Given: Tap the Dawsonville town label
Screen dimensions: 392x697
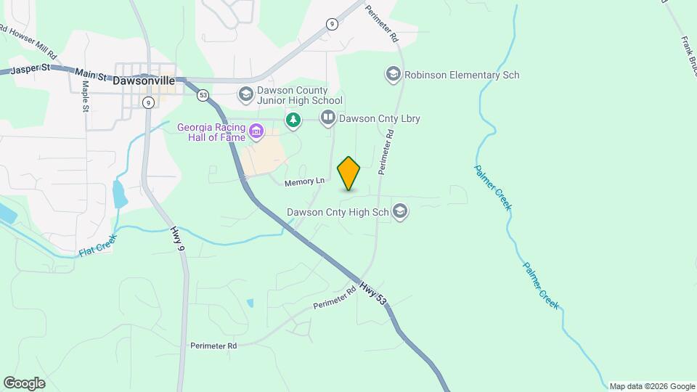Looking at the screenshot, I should pos(144,81).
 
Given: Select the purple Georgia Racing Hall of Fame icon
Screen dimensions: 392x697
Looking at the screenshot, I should pos(256,131).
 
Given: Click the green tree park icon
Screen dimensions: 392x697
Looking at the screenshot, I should pos(293,119).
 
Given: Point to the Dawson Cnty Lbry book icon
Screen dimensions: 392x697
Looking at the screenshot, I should pos(328,118).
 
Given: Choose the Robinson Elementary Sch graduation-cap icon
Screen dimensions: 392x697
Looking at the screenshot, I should pos(393,74).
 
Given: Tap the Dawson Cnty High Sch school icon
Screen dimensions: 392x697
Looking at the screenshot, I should pos(399,212).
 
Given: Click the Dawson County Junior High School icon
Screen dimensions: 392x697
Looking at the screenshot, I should pos(245,94).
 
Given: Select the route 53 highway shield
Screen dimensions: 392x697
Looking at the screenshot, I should pos(203,95).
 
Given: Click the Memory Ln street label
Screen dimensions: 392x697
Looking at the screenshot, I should pos(303,181).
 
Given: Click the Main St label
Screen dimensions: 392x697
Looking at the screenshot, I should pos(91,75).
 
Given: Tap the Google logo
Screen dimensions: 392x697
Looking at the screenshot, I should pos(24,383).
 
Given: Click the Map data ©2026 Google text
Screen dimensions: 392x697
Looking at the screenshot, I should pos(652,386).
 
